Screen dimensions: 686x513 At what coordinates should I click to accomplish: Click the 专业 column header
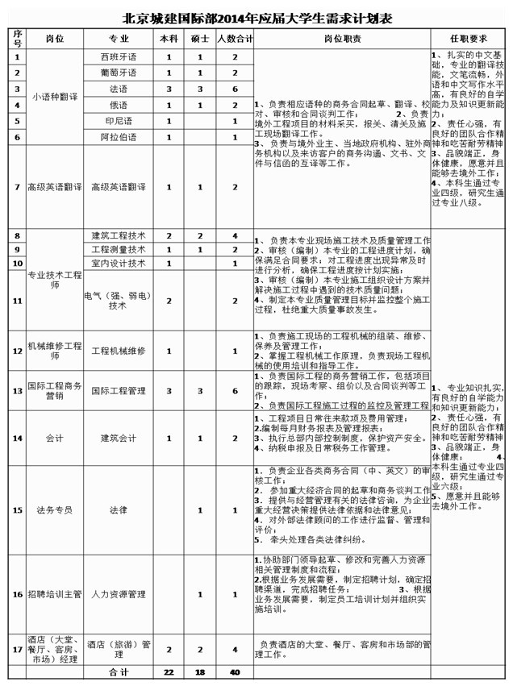[119, 39]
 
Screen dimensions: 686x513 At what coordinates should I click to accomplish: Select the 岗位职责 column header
[342, 39]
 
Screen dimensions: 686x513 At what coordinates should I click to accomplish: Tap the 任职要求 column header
[469, 39]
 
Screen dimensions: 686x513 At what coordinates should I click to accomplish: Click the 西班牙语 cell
[119, 57]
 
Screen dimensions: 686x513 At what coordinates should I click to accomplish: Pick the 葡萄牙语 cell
[119, 73]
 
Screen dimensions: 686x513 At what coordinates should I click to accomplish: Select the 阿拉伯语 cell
[119, 137]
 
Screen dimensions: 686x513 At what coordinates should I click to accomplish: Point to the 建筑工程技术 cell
[119, 235]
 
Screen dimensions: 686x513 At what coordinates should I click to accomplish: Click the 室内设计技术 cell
[119, 263]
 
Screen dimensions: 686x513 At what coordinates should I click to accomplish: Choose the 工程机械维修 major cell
[119, 351]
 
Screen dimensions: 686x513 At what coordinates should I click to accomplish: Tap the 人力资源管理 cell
[119, 595]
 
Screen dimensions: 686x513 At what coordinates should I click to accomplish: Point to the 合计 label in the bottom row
[119, 671]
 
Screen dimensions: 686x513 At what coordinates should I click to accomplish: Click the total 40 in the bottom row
[235, 671]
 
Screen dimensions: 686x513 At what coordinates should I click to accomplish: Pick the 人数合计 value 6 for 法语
[235, 89]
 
